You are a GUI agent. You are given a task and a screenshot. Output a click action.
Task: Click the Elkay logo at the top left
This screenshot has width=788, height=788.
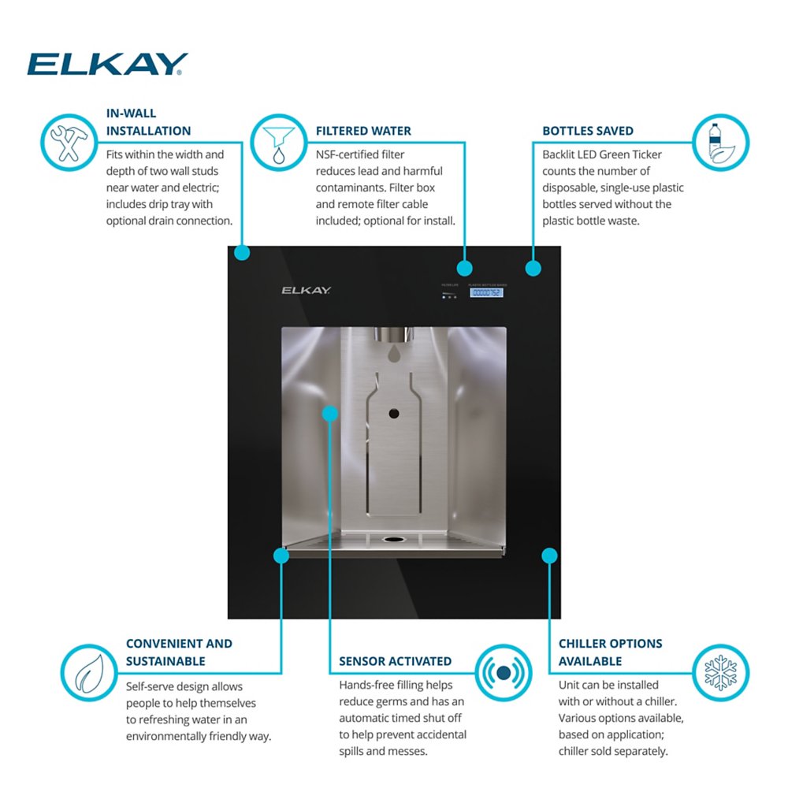[x=107, y=64]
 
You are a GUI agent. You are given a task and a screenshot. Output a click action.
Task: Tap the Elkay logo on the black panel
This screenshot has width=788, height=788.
[x=307, y=290]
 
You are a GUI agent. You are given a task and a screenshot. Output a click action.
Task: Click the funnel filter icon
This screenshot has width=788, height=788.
[x=277, y=143]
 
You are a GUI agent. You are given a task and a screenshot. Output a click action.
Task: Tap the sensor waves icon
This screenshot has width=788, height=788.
[x=504, y=672]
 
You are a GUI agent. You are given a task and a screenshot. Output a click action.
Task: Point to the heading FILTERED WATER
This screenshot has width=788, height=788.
[x=363, y=131]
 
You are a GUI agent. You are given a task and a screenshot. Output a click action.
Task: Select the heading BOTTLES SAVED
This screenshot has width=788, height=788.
[x=588, y=131]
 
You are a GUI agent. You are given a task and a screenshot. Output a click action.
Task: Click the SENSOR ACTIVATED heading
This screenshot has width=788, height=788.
[x=396, y=661]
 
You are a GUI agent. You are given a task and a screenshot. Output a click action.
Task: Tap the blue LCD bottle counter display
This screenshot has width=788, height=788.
[x=486, y=292]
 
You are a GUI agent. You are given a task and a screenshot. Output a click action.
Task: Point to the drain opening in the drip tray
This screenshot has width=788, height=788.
[x=392, y=540]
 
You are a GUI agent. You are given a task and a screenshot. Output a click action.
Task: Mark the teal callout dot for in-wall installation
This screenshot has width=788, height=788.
[x=242, y=253]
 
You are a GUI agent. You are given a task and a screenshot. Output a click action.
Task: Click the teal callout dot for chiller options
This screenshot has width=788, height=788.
[x=549, y=556]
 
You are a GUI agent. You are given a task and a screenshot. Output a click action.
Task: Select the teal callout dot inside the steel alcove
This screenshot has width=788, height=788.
[x=330, y=413]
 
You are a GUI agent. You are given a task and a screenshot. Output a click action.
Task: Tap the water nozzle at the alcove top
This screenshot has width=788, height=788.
[x=395, y=335]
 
